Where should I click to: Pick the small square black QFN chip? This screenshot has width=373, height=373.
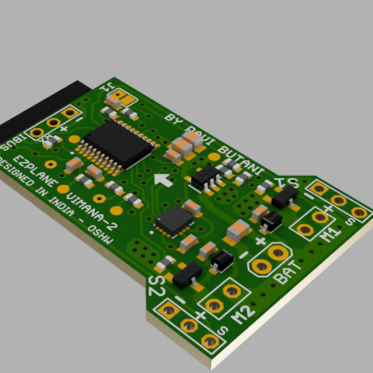pyautogui.click(x=174, y=220)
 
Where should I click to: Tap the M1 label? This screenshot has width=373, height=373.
pyautogui.click(x=330, y=234)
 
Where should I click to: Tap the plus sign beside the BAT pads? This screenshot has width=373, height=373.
pyautogui.click(x=260, y=241)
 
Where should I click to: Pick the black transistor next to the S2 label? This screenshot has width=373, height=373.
pyautogui.click(x=186, y=275)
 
